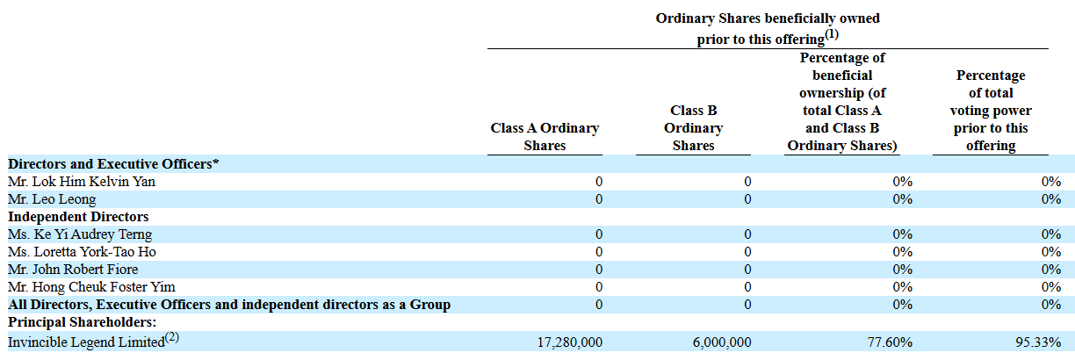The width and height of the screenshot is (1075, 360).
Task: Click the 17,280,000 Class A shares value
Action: (570, 342)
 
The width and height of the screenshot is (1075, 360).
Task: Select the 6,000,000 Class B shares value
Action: (722, 342)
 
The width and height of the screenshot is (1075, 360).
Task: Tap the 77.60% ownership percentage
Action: (890, 342)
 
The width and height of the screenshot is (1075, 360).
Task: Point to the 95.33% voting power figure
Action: (1038, 342)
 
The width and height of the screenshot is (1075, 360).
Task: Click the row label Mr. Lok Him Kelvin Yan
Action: (82, 182)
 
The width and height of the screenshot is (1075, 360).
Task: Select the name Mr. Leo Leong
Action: (52, 199)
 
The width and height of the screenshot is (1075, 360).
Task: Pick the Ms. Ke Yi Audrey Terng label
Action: (80, 234)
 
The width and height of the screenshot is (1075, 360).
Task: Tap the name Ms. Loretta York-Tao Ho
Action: (82, 251)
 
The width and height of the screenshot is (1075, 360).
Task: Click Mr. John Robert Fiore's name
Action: (73, 270)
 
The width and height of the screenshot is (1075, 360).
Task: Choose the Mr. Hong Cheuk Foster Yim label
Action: (91, 287)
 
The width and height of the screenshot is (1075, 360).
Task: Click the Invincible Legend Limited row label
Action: (86, 342)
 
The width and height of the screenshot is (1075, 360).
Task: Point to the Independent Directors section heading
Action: (78, 217)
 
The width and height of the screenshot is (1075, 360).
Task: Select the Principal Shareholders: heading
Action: (82, 322)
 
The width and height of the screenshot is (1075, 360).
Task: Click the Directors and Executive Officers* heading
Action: (113, 163)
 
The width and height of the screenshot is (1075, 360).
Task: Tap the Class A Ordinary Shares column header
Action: (545, 137)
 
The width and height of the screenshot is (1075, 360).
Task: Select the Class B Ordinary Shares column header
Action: (694, 127)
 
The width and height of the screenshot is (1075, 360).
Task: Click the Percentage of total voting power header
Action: (991, 111)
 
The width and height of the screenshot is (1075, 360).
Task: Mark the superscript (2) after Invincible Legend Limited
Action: (172, 337)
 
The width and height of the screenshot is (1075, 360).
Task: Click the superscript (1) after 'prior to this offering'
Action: (832, 34)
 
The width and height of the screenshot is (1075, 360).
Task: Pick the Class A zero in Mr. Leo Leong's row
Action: (599, 199)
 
